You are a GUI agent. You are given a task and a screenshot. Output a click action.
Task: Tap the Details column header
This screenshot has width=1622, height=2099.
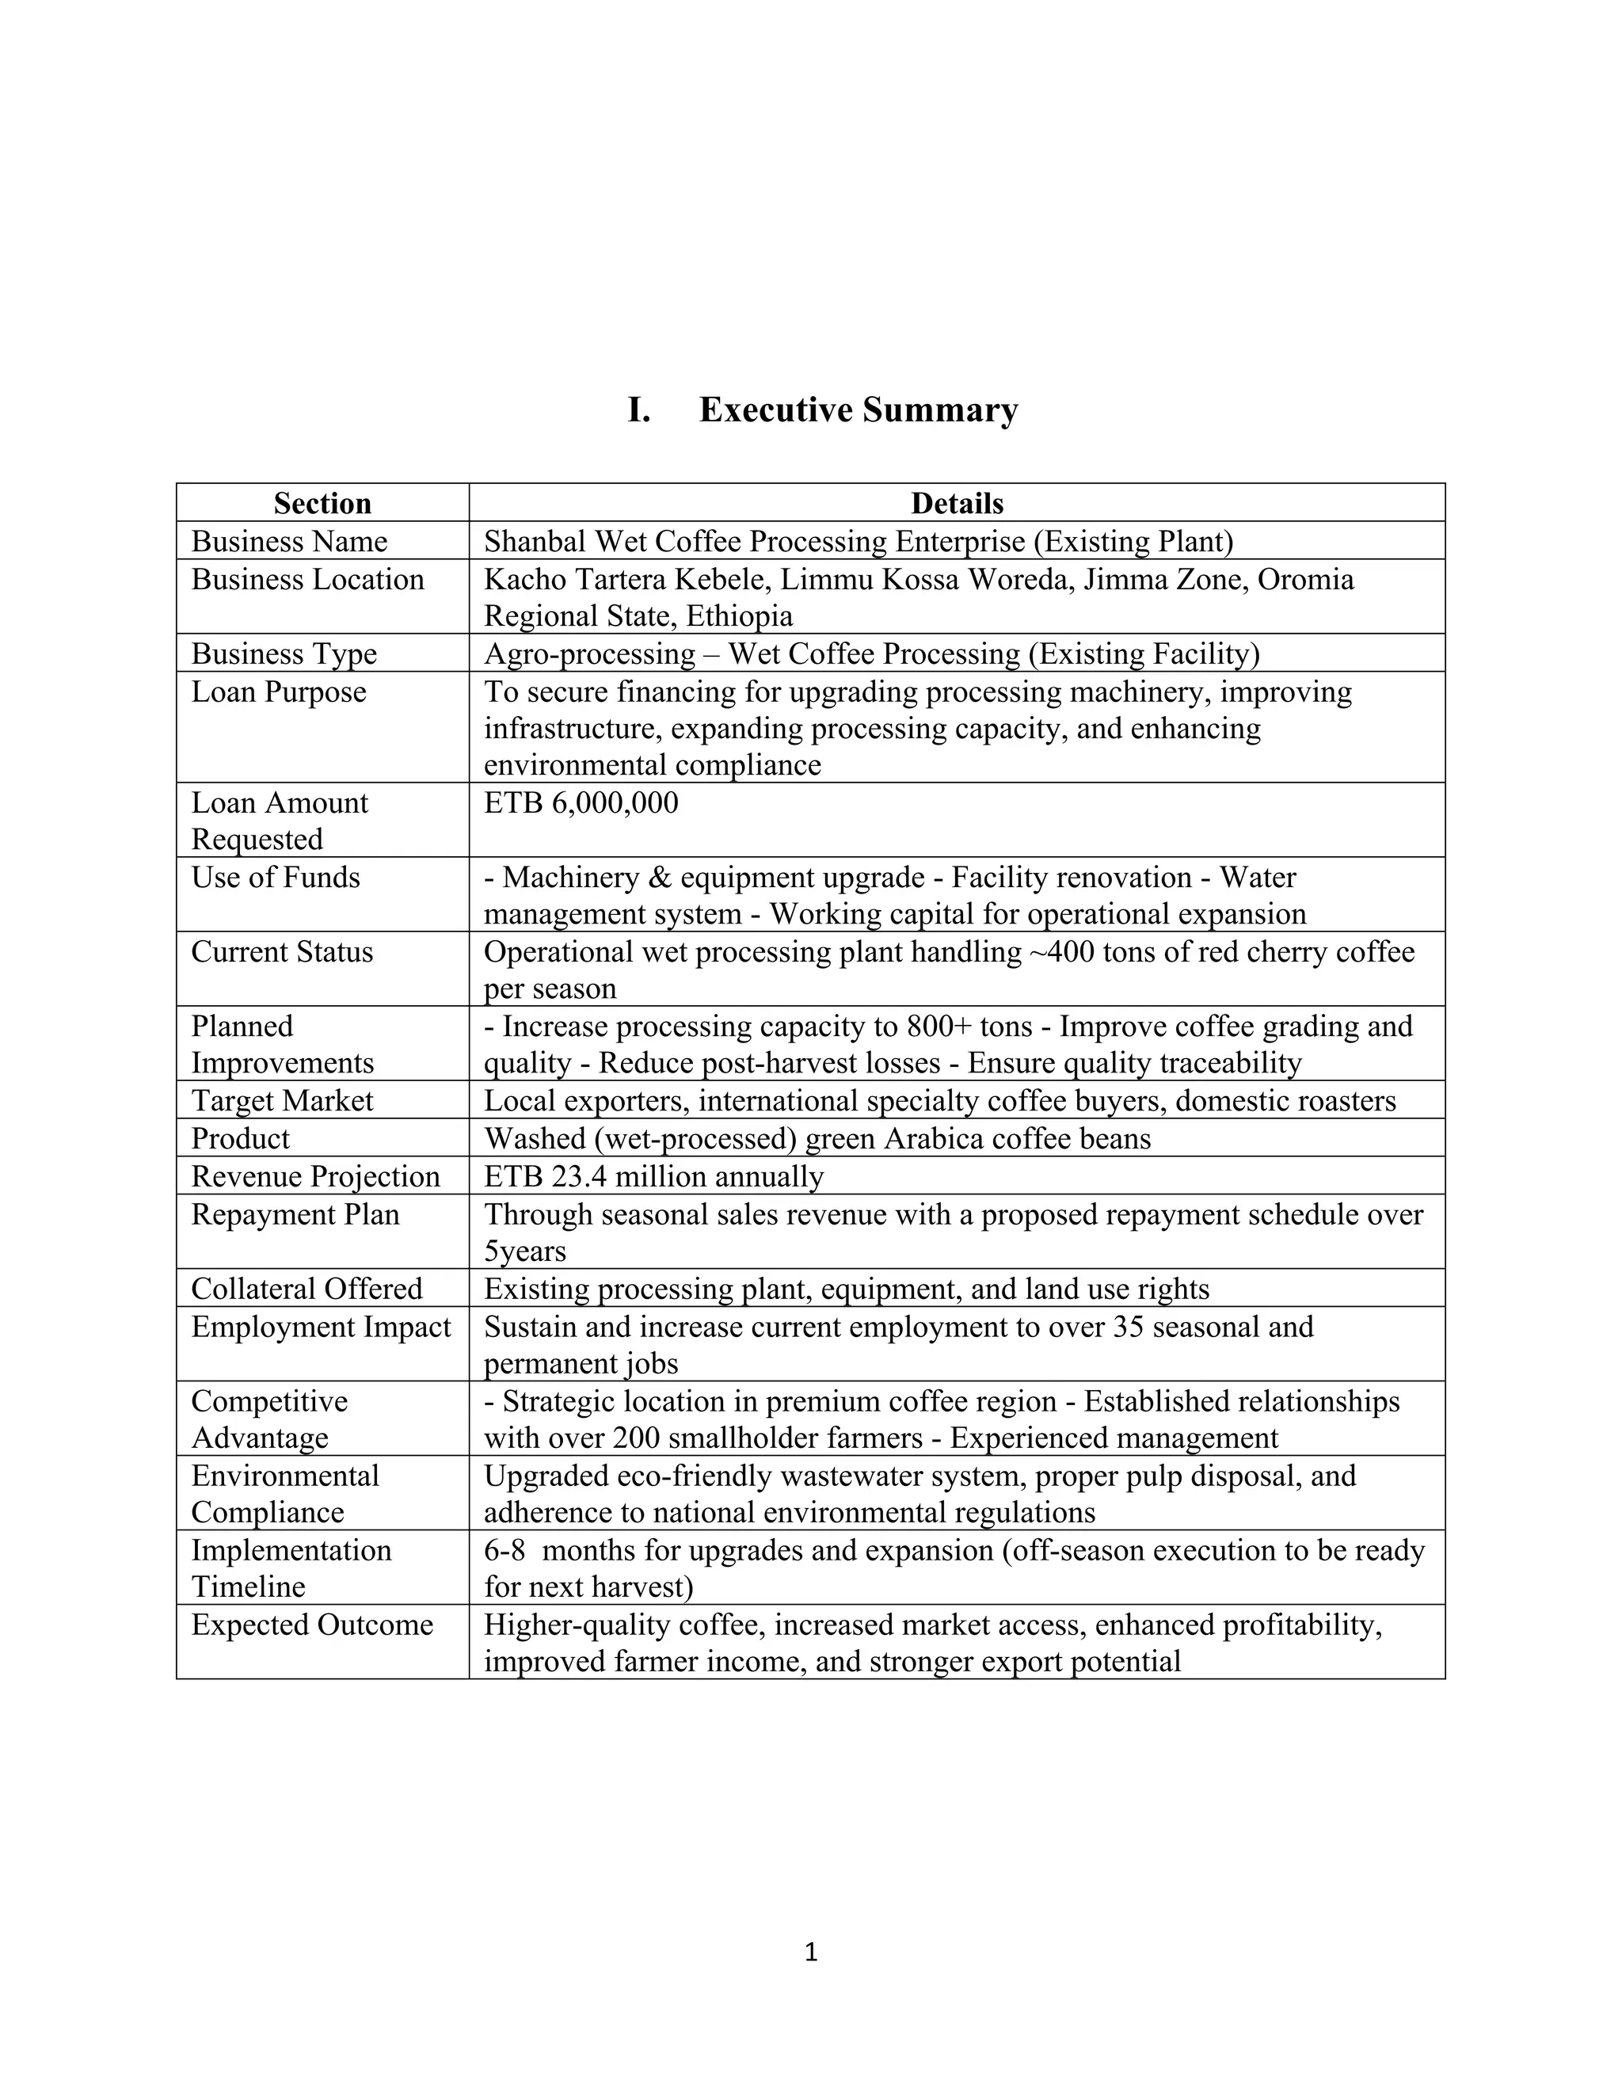pos(956,504)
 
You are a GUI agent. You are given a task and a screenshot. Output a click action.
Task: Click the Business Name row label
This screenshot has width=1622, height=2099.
pos(289,541)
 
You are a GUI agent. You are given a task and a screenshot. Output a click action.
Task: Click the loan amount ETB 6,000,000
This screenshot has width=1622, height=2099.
pos(581,802)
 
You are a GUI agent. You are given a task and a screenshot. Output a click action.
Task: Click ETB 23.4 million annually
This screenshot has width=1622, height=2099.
pos(653,1176)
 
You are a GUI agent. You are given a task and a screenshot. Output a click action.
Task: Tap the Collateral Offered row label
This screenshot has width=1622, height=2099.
pos(307,1289)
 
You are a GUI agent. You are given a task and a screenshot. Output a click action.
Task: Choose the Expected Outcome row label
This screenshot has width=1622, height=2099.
pos(312,1625)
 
